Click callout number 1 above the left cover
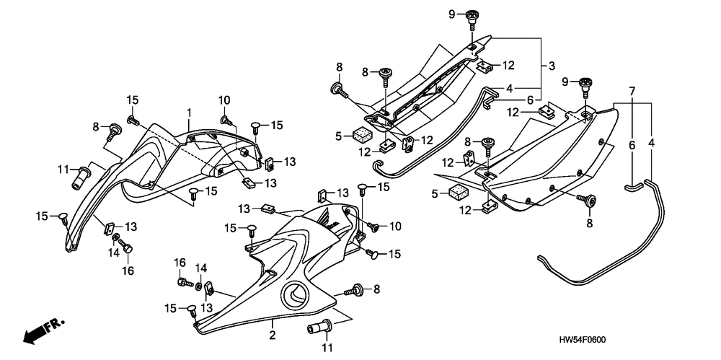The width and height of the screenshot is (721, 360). tap(189, 113)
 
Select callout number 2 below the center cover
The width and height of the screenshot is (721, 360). tap(273, 335)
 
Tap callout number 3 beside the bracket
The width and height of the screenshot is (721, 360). tap(551, 66)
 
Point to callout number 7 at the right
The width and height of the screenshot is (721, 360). tap(632, 91)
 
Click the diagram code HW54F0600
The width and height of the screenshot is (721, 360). tap(584, 338)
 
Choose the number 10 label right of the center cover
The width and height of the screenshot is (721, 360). tap(394, 227)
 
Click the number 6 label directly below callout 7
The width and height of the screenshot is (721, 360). tap(632, 144)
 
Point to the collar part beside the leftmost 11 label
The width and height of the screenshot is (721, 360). tap(79, 175)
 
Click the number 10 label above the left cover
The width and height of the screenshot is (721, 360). tap(224, 100)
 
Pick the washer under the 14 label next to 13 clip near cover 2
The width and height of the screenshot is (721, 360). tap(199, 287)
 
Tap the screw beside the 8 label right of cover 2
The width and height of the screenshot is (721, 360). tap(355, 291)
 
